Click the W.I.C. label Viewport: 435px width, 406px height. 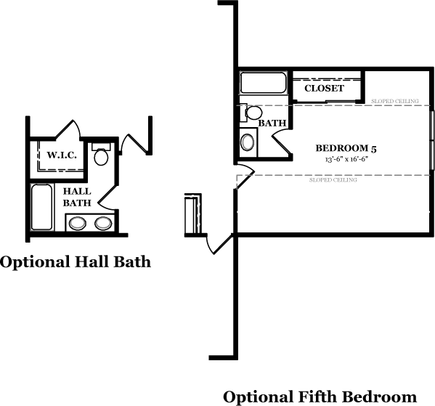(62, 155)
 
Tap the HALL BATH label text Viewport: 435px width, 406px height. (77, 197)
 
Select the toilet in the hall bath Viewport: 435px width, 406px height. (101, 154)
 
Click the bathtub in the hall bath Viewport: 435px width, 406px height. (41, 207)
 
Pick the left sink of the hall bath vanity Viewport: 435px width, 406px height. (78, 224)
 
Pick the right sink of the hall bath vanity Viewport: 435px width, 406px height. (103, 224)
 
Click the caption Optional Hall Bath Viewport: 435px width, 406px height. (76, 261)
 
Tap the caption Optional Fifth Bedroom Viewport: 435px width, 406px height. (320, 397)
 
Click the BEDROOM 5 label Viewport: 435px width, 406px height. (346, 148)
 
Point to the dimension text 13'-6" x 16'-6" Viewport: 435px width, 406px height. (346, 160)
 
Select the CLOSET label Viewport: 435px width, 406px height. (324, 89)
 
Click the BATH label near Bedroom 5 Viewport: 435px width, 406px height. (272, 123)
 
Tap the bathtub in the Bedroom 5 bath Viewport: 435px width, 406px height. (263, 82)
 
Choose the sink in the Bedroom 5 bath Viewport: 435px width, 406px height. (247, 142)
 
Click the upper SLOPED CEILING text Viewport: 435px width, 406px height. (395, 101)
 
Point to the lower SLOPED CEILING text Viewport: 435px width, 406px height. (333, 180)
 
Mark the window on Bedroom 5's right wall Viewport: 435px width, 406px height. (432, 140)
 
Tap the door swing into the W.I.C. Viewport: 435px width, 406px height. (68, 129)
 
